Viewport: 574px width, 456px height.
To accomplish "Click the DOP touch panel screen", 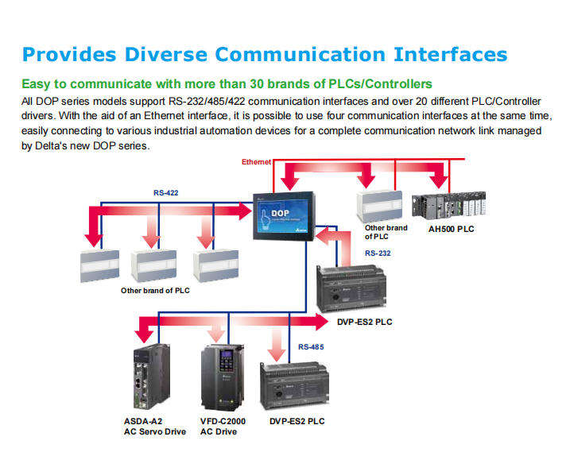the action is (x=284, y=215).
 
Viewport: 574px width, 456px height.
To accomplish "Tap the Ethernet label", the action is (x=256, y=162).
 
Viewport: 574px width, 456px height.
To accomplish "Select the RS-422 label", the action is (x=166, y=193).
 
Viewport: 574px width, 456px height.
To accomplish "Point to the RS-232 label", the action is (x=378, y=253).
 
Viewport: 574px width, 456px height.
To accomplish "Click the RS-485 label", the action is (x=311, y=346).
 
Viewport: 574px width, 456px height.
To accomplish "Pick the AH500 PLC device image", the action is (x=449, y=206).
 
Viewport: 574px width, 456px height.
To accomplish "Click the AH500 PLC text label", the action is (x=452, y=229).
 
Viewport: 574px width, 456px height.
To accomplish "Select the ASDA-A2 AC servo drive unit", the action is (x=152, y=377).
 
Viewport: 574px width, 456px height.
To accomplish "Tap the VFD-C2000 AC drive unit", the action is (x=222, y=377).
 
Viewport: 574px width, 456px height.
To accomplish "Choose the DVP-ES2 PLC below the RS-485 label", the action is (x=294, y=386).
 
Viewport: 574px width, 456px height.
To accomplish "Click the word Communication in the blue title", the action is (x=301, y=55).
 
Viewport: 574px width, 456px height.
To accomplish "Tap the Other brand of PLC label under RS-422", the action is (x=155, y=291).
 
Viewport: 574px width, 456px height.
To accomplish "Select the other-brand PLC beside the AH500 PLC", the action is (x=379, y=207).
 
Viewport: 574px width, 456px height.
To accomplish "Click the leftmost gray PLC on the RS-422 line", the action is (x=99, y=266).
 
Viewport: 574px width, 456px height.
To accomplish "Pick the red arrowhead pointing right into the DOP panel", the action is (x=246, y=211).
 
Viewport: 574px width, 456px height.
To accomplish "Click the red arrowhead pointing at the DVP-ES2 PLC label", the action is (x=321, y=322).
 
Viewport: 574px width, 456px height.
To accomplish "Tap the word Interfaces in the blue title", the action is (x=451, y=55).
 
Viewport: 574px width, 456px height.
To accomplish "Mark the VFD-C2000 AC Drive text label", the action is (x=223, y=427).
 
